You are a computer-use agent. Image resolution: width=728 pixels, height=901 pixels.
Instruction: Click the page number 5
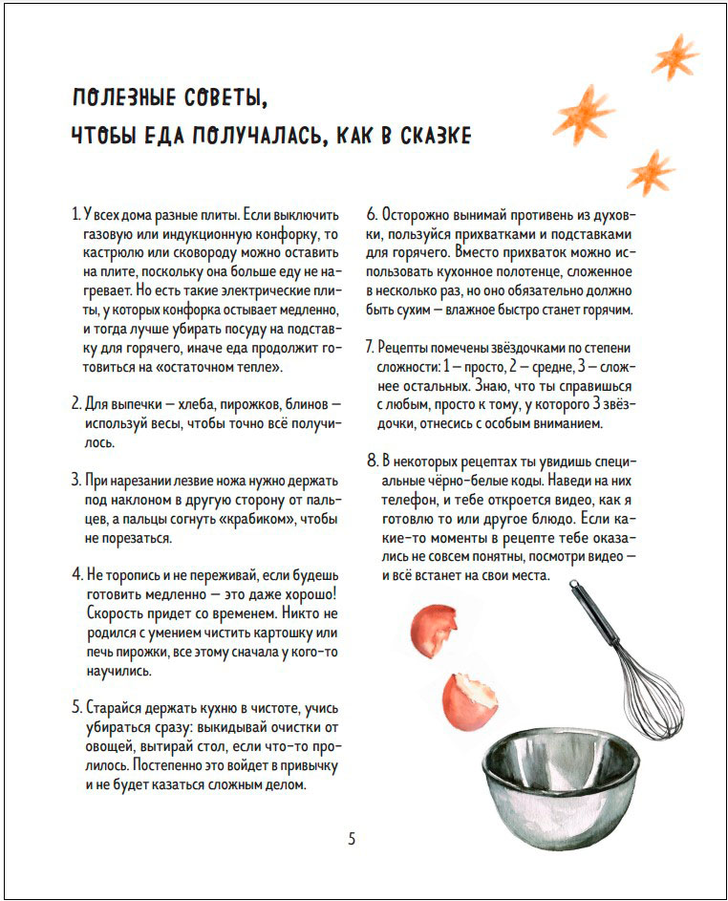(x=352, y=839)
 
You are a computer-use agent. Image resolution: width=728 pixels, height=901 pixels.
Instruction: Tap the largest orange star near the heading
(x=584, y=113)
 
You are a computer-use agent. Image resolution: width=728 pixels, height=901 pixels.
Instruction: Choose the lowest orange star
(x=651, y=172)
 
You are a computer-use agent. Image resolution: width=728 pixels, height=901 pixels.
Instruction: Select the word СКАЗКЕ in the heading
(x=433, y=136)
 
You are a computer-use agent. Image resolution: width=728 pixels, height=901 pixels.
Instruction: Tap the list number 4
(x=76, y=575)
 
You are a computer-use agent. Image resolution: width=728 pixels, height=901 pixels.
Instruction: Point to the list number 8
(x=373, y=460)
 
